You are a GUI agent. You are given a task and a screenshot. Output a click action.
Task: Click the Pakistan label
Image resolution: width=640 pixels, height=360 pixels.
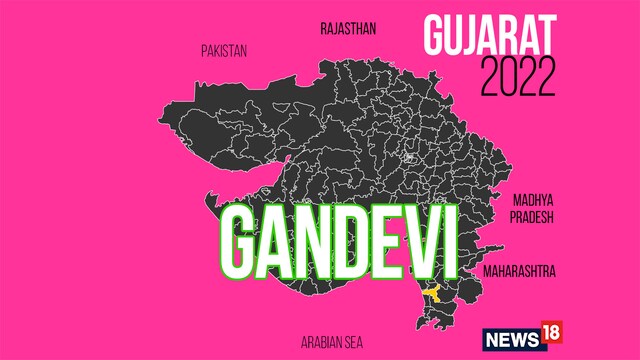(x=223, y=50)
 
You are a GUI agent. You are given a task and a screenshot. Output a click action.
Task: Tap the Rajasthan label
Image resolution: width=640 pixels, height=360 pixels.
(x=348, y=28)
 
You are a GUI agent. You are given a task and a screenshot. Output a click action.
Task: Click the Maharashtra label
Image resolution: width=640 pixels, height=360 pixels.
(x=519, y=271)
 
